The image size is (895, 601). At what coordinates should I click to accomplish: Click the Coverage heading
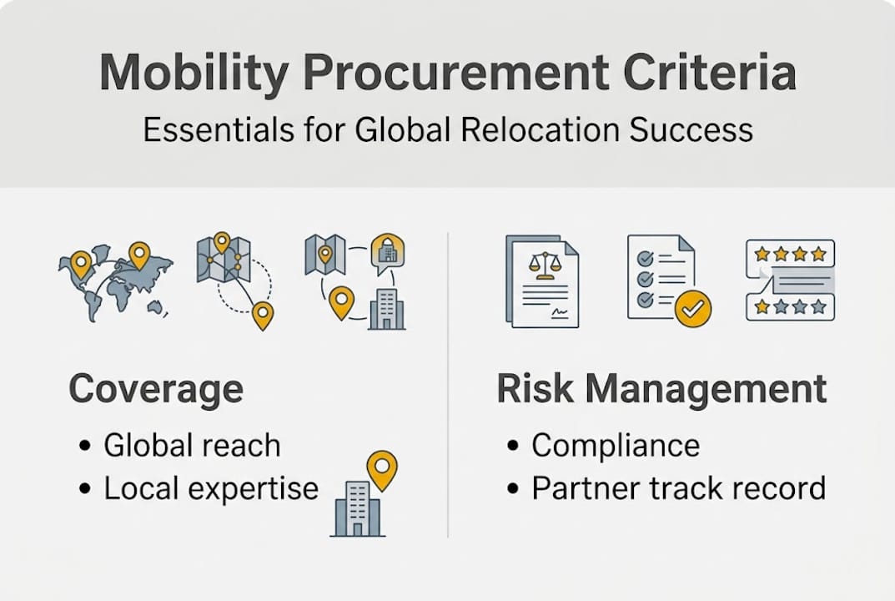(x=156, y=389)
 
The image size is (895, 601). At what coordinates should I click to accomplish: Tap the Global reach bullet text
(x=192, y=446)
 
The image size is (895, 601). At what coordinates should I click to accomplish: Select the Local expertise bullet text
(x=210, y=488)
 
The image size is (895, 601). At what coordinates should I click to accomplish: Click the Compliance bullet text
(x=616, y=446)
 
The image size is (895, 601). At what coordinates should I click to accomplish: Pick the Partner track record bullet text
(x=678, y=488)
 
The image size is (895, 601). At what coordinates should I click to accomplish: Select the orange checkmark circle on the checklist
(x=693, y=309)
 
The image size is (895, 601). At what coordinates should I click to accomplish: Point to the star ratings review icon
(x=789, y=280)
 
